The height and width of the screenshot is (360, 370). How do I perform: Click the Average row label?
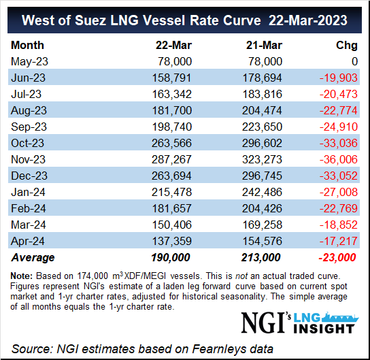click(x=33, y=257)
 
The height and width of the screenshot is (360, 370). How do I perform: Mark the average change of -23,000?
click(x=337, y=257)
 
